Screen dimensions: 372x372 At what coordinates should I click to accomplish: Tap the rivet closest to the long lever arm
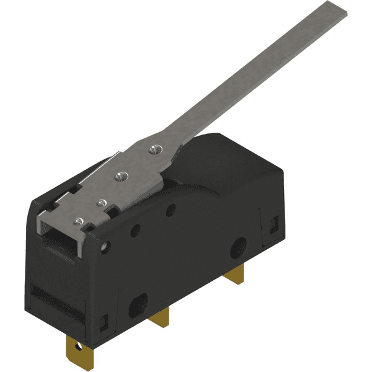tap(153, 148)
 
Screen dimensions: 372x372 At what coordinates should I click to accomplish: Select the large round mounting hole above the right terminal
tap(237, 249)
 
